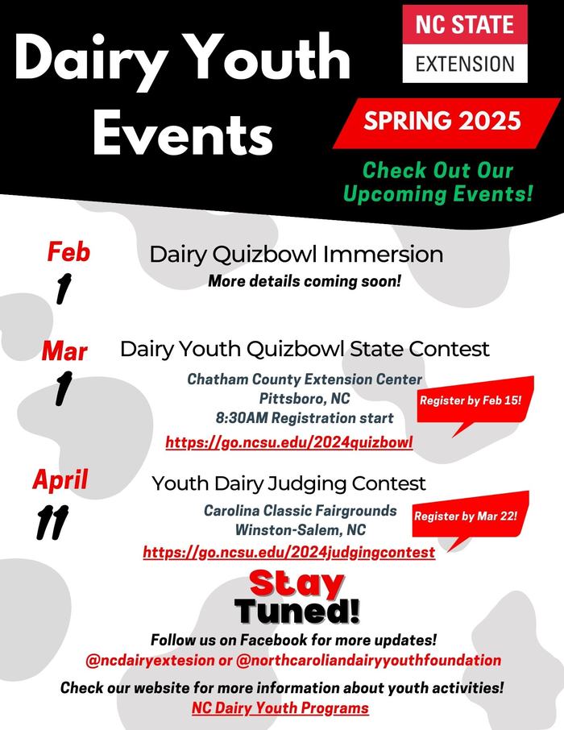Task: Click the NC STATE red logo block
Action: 465,25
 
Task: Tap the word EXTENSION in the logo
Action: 465,64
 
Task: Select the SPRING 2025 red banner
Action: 446,123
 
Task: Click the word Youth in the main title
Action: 271,58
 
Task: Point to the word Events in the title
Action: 183,133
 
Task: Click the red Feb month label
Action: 68,252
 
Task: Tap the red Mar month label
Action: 64,351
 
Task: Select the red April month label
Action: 60,480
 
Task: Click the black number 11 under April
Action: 52,522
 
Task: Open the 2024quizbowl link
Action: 289,442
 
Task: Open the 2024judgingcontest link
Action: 289,552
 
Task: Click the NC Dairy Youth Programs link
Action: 280,708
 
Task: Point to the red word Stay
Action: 297,583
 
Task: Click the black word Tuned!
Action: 297,611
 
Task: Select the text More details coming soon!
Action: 304,281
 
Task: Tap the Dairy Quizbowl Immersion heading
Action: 297,255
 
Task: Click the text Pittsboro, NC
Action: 305,399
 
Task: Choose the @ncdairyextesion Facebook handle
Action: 150,660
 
